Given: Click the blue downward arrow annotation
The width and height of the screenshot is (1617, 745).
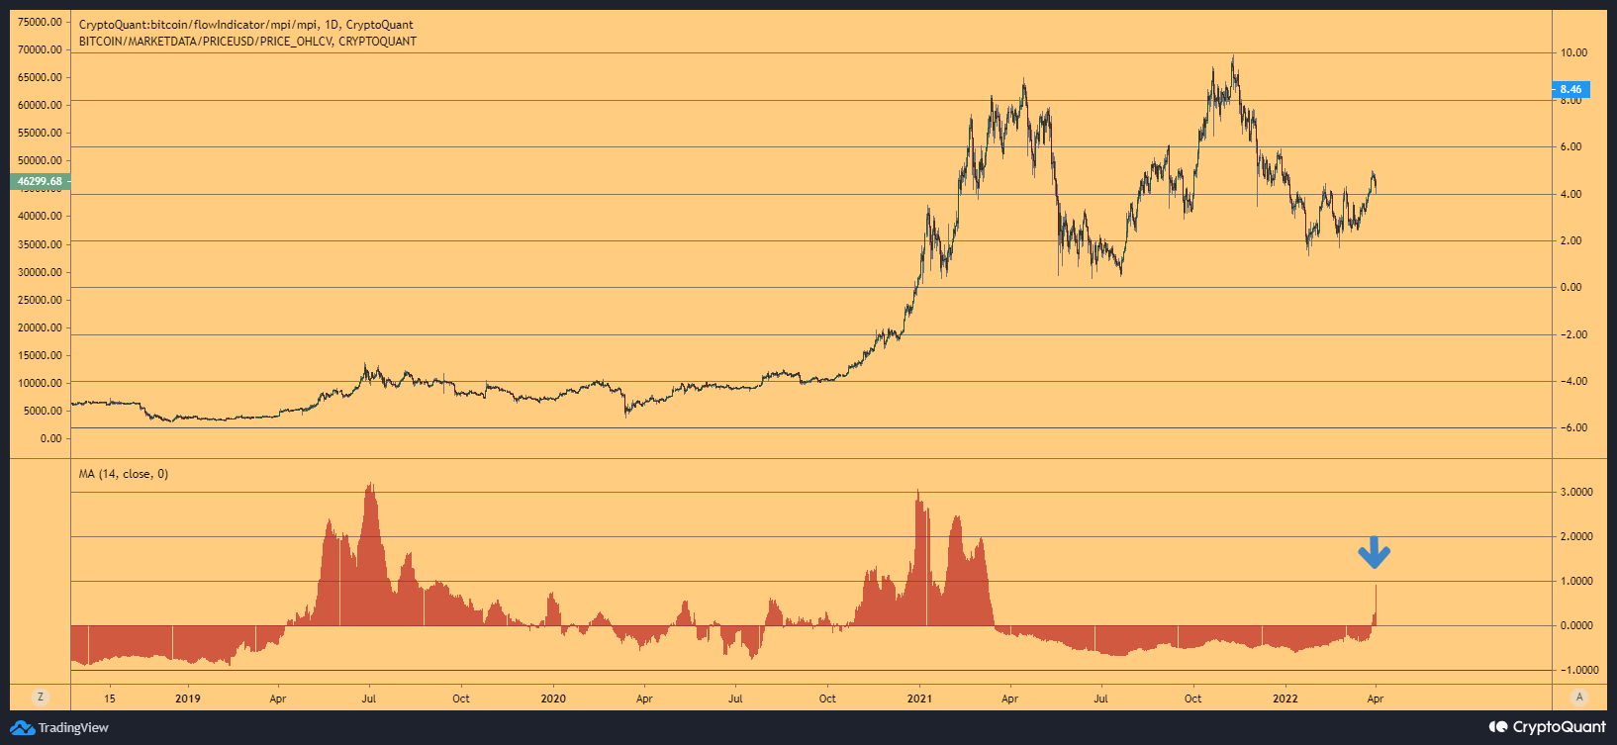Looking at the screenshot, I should click(1374, 552).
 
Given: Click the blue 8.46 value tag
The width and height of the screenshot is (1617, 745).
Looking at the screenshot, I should click(1569, 89).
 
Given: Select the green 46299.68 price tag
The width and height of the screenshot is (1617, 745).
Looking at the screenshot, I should click(40, 181).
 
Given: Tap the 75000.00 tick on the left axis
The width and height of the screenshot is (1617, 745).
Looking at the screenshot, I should click(40, 22).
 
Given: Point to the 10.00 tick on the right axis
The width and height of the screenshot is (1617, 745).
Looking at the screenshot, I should click(1573, 52).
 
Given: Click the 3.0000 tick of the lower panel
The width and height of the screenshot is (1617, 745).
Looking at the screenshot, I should click(1575, 492).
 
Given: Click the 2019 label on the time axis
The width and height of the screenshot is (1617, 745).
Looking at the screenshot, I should click(187, 698).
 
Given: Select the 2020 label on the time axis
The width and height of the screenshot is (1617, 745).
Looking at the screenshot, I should click(553, 698).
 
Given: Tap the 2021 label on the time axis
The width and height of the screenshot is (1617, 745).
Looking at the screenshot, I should click(919, 698).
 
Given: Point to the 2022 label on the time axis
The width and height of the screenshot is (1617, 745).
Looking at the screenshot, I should click(1285, 698).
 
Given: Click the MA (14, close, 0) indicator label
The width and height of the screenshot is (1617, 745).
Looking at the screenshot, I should click(124, 474).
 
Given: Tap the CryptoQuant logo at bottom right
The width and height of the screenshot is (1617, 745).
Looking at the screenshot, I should click(1548, 727).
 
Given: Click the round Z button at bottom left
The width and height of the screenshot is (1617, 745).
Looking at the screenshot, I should click(41, 697).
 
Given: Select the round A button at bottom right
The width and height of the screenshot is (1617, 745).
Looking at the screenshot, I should click(1579, 697).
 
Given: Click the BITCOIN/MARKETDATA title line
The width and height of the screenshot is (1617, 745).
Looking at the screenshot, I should click(247, 42).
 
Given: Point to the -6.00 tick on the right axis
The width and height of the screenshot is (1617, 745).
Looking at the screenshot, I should click(1573, 427).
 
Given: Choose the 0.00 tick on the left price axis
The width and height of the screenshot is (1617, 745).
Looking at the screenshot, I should click(50, 438).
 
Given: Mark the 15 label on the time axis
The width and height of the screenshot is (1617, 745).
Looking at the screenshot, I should click(110, 698).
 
